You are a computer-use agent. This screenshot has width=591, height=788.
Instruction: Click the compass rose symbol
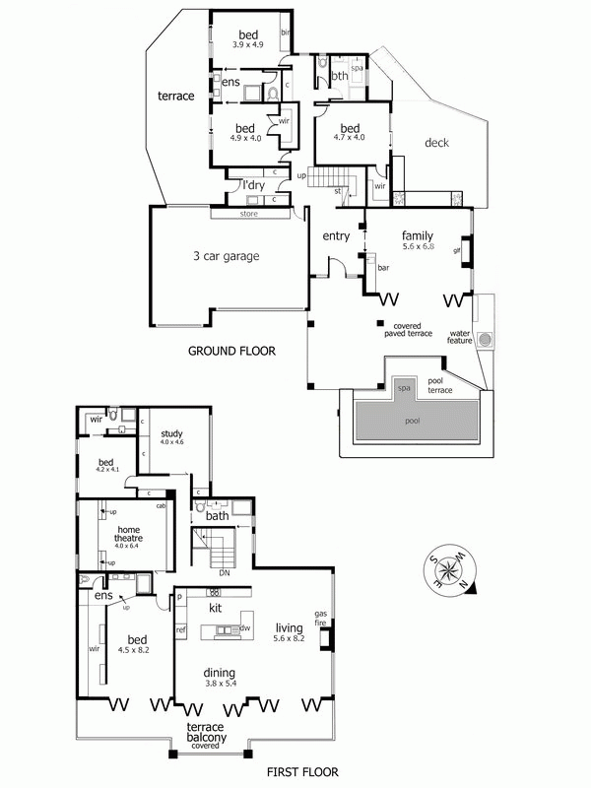click(451, 571)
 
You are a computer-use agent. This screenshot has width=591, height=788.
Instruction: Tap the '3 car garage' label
click(226, 256)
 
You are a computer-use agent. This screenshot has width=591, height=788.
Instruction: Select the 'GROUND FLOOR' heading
click(231, 350)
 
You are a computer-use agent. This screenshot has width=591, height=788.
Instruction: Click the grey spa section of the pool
click(403, 389)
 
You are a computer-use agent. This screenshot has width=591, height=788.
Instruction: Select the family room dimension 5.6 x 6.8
click(419, 246)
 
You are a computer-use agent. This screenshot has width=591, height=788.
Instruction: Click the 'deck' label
click(436, 144)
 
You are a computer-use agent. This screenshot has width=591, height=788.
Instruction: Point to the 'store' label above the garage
click(247, 213)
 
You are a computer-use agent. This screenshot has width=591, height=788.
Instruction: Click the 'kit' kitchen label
click(215, 609)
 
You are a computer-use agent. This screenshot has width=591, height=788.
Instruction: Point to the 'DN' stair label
click(224, 572)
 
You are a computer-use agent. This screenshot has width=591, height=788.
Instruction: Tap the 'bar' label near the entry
click(384, 267)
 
